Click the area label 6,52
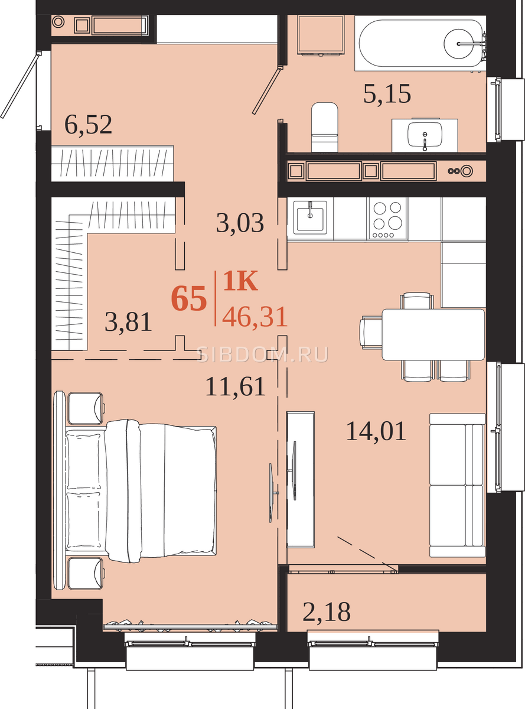(88, 125)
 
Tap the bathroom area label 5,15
(387, 94)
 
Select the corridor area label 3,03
(240, 223)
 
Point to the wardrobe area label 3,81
(128, 322)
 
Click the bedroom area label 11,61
(236, 386)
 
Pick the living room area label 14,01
(376, 431)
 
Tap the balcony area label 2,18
(327, 612)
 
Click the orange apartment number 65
(189, 299)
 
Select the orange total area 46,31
(255, 317)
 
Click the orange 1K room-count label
(240, 281)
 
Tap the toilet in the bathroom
(325, 127)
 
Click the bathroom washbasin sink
(425, 135)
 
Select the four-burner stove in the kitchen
(388, 219)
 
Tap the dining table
(433, 334)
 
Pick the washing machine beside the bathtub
(321, 35)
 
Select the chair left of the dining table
(371, 332)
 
